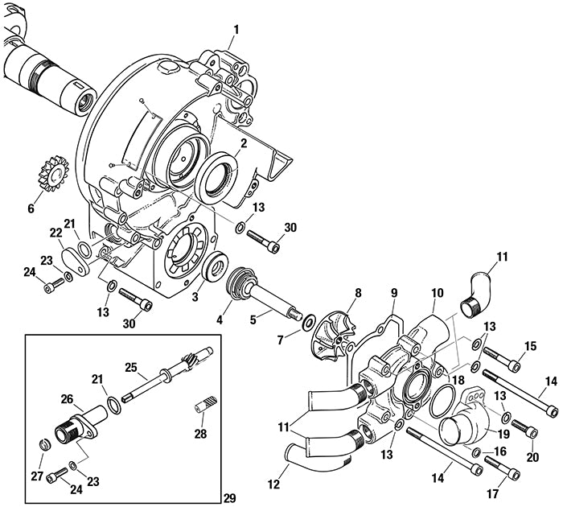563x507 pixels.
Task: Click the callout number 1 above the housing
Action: click(x=236, y=30)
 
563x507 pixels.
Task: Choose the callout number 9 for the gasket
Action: click(x=394, y=292)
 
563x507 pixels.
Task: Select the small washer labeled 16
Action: click(x=476, y=452)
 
